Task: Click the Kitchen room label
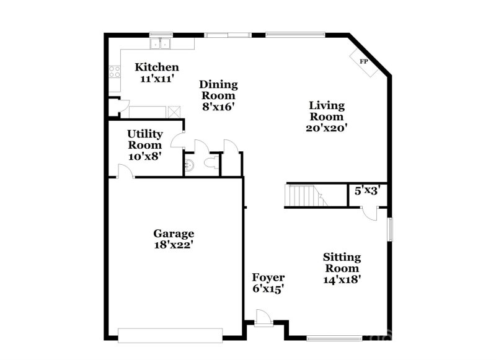pos(157,67)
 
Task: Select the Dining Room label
pos(218,90)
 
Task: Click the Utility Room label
pos(145,139)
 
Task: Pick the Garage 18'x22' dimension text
pos(174,245)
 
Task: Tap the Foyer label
pos(268,278)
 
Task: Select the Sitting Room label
pos(342,262)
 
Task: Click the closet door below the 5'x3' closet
pos(370,213)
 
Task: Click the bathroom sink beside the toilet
pos(190,165)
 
